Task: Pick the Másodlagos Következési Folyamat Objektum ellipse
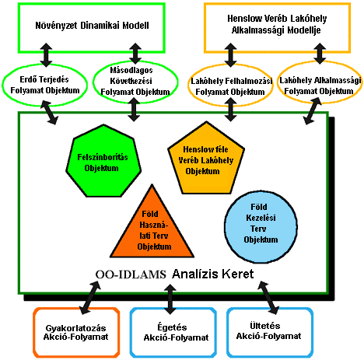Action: point(135,64)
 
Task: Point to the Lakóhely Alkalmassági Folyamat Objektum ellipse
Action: point(320,62)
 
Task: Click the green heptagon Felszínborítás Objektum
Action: point(103,161)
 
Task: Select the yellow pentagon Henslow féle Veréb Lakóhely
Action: point(206,158)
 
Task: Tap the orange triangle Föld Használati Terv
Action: point(152,225)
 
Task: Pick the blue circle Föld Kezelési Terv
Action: point(261,227)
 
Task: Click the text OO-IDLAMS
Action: point(131,274)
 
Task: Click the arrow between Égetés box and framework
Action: point(170,299)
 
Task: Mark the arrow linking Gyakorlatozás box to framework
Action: point(90,298)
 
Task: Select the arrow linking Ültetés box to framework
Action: point(268,298)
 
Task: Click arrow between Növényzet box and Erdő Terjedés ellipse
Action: point(46,55)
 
